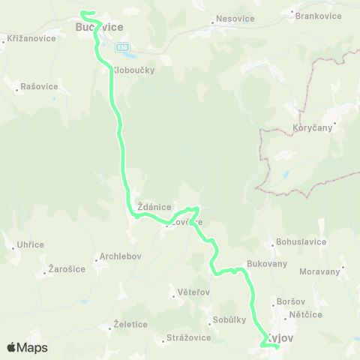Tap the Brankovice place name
[313, 15]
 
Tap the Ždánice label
[155, 207]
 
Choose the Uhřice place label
[29, 244]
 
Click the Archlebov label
[120, 256]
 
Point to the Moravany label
[319, 271]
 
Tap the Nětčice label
[306, 316]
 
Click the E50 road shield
[122, 47]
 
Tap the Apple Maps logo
[26, 347]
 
